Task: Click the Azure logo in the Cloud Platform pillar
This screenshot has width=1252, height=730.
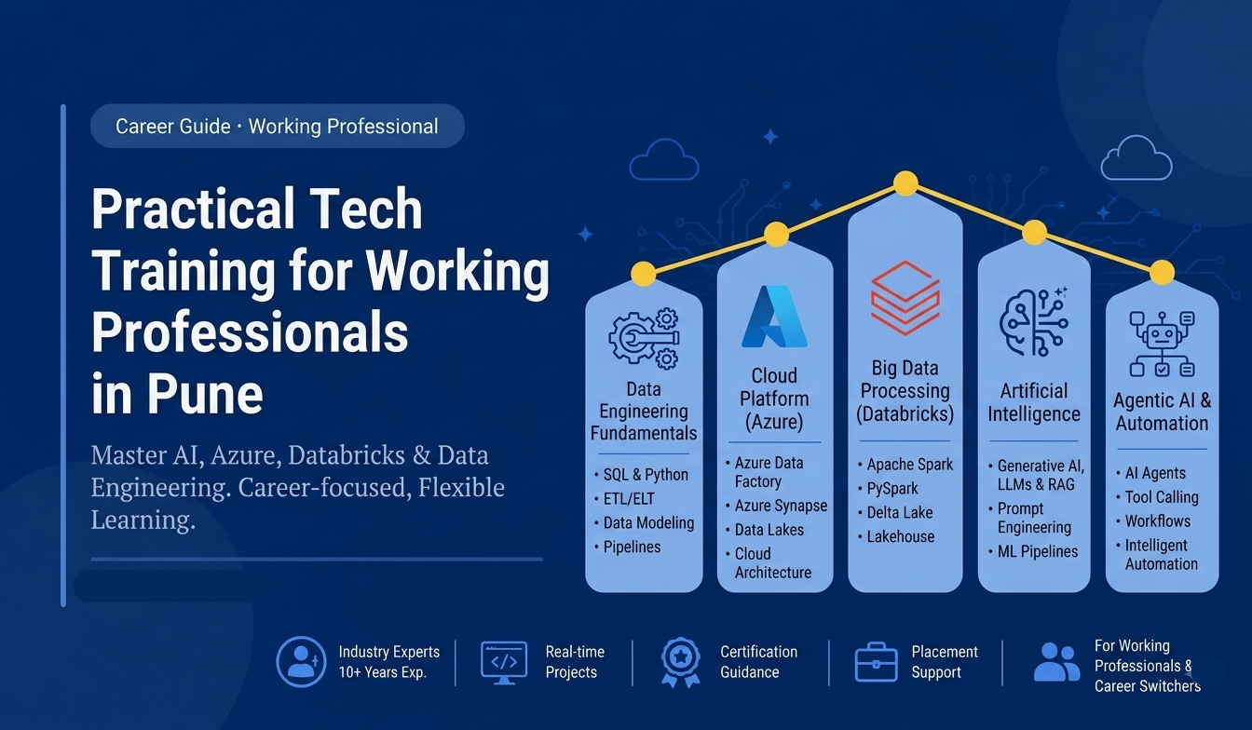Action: pos(774,317)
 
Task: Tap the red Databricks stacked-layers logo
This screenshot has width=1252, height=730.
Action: pos(905,298)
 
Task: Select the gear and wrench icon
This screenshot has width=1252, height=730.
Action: pos(644,338)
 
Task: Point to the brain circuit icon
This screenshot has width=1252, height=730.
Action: pos(1034,322)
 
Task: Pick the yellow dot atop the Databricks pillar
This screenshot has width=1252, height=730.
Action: pos(905,183)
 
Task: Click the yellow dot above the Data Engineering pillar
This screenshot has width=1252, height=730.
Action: pos(644,275)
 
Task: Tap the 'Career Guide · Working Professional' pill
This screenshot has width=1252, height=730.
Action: pos(278,127)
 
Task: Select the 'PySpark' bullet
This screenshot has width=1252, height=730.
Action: pos(892,489)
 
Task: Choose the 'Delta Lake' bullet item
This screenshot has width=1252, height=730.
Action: pos(899,513)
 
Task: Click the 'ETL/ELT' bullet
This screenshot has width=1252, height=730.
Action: pos(629,499)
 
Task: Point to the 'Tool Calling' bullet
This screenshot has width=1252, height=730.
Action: pos(1162,497)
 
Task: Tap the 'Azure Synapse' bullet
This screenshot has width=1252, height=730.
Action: pos(781,506)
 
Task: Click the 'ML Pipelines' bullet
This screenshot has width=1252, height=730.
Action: pos(1038,552)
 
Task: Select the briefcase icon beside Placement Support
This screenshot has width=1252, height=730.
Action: pos(877,662)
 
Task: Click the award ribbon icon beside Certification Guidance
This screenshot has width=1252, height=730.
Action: pos(680,662)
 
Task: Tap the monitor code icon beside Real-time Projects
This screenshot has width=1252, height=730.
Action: pos(504,663)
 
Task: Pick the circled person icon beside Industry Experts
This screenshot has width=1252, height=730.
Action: pos(301,662)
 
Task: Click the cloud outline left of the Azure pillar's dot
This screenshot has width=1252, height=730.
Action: pos(663,160)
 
